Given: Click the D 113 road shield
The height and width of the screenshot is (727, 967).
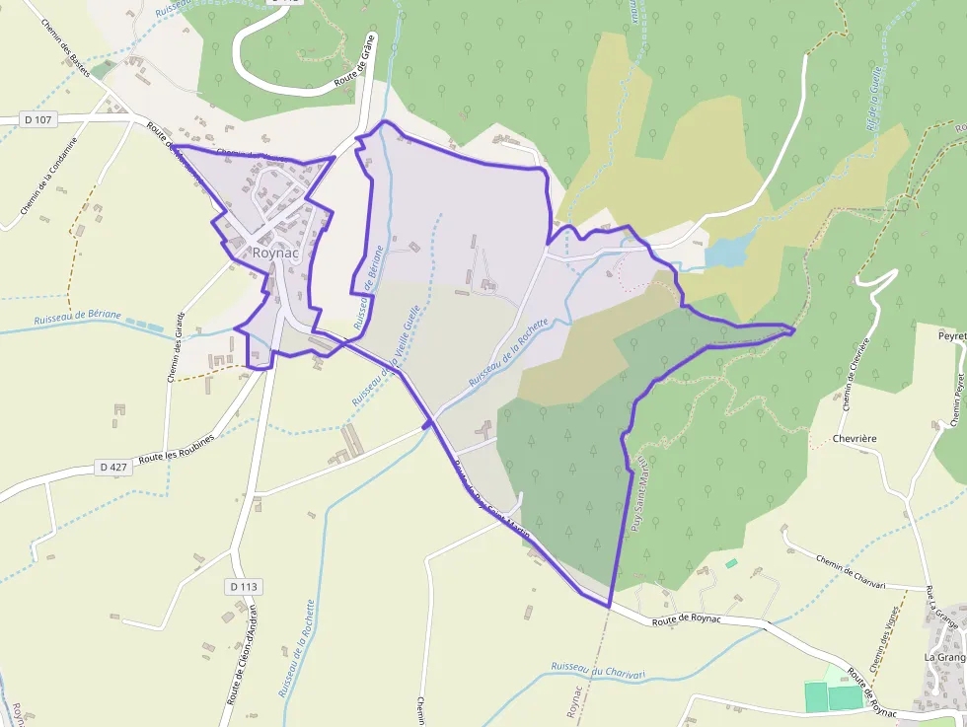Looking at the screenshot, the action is point(244,586).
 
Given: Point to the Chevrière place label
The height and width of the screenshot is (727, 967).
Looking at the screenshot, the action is point(855,438).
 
